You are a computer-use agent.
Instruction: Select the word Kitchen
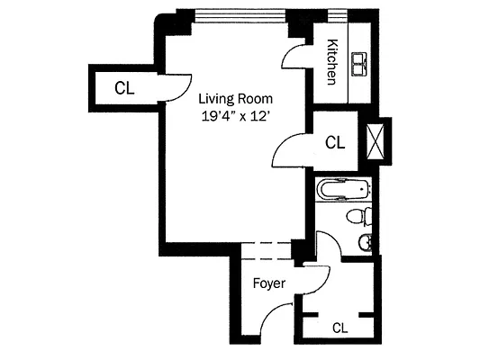pyautogui.click(x=331, y=62)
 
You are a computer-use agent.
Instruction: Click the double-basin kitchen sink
pyautogui.click(x=362, y=62)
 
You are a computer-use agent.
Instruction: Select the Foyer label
pyautogui.click(x=268, y=283)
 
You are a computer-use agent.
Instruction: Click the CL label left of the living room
pyautogui.click(x=125, y=87)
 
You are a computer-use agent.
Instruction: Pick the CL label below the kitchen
pyautogui.click(x=335, y=142)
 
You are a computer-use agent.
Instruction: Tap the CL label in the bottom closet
pyautogui.click(x=340, y=328)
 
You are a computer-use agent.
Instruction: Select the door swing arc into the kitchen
pyautogui.click(x=294, y=58)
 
